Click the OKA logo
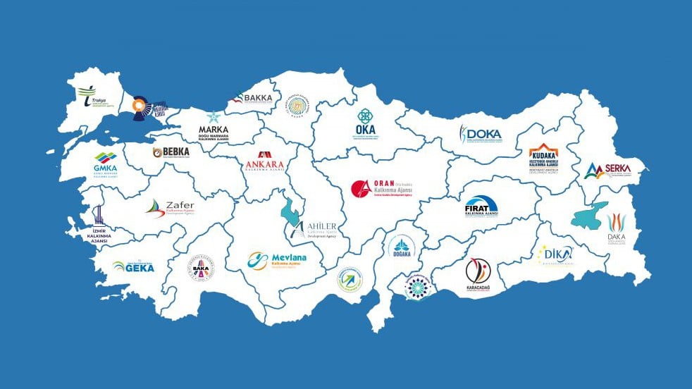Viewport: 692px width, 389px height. [x=366, y=124]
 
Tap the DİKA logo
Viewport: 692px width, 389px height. [x=556, y=254]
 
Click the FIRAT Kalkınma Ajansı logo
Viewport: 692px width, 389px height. [x=481, y=207]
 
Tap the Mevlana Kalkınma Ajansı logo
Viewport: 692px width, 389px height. [x=277, y=261]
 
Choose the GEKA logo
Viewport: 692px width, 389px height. [x=133, y=266]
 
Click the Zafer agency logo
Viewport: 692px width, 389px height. [x=170, y=207]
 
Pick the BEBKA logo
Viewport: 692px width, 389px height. [x=171, y=152]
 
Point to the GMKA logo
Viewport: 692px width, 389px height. [x=106, y=164]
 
